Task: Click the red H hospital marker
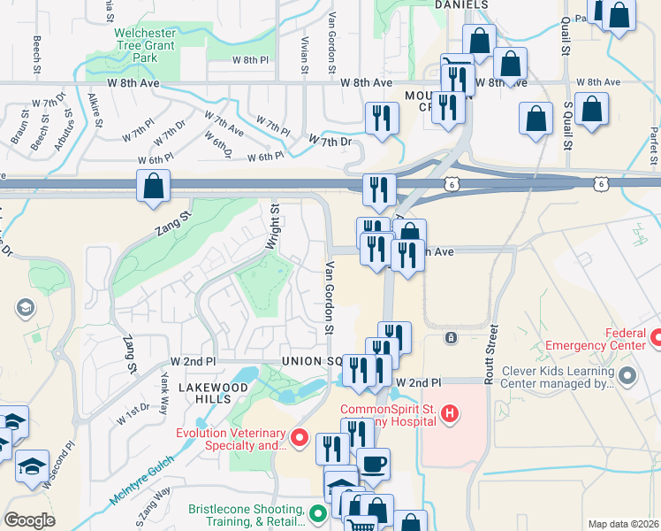coord(450,413)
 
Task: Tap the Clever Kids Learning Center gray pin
coord(628,377)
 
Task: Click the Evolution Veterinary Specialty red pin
coord(300,438)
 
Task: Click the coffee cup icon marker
coord(373,464)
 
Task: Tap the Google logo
coord(29,519)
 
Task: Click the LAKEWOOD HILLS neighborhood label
coord(213,393)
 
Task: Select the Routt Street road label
coord(491,354)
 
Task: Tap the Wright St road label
coord(274,227)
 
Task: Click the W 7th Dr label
coord(330,141)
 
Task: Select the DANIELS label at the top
coord(461,5)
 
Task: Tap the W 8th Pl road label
coord(249,60)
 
